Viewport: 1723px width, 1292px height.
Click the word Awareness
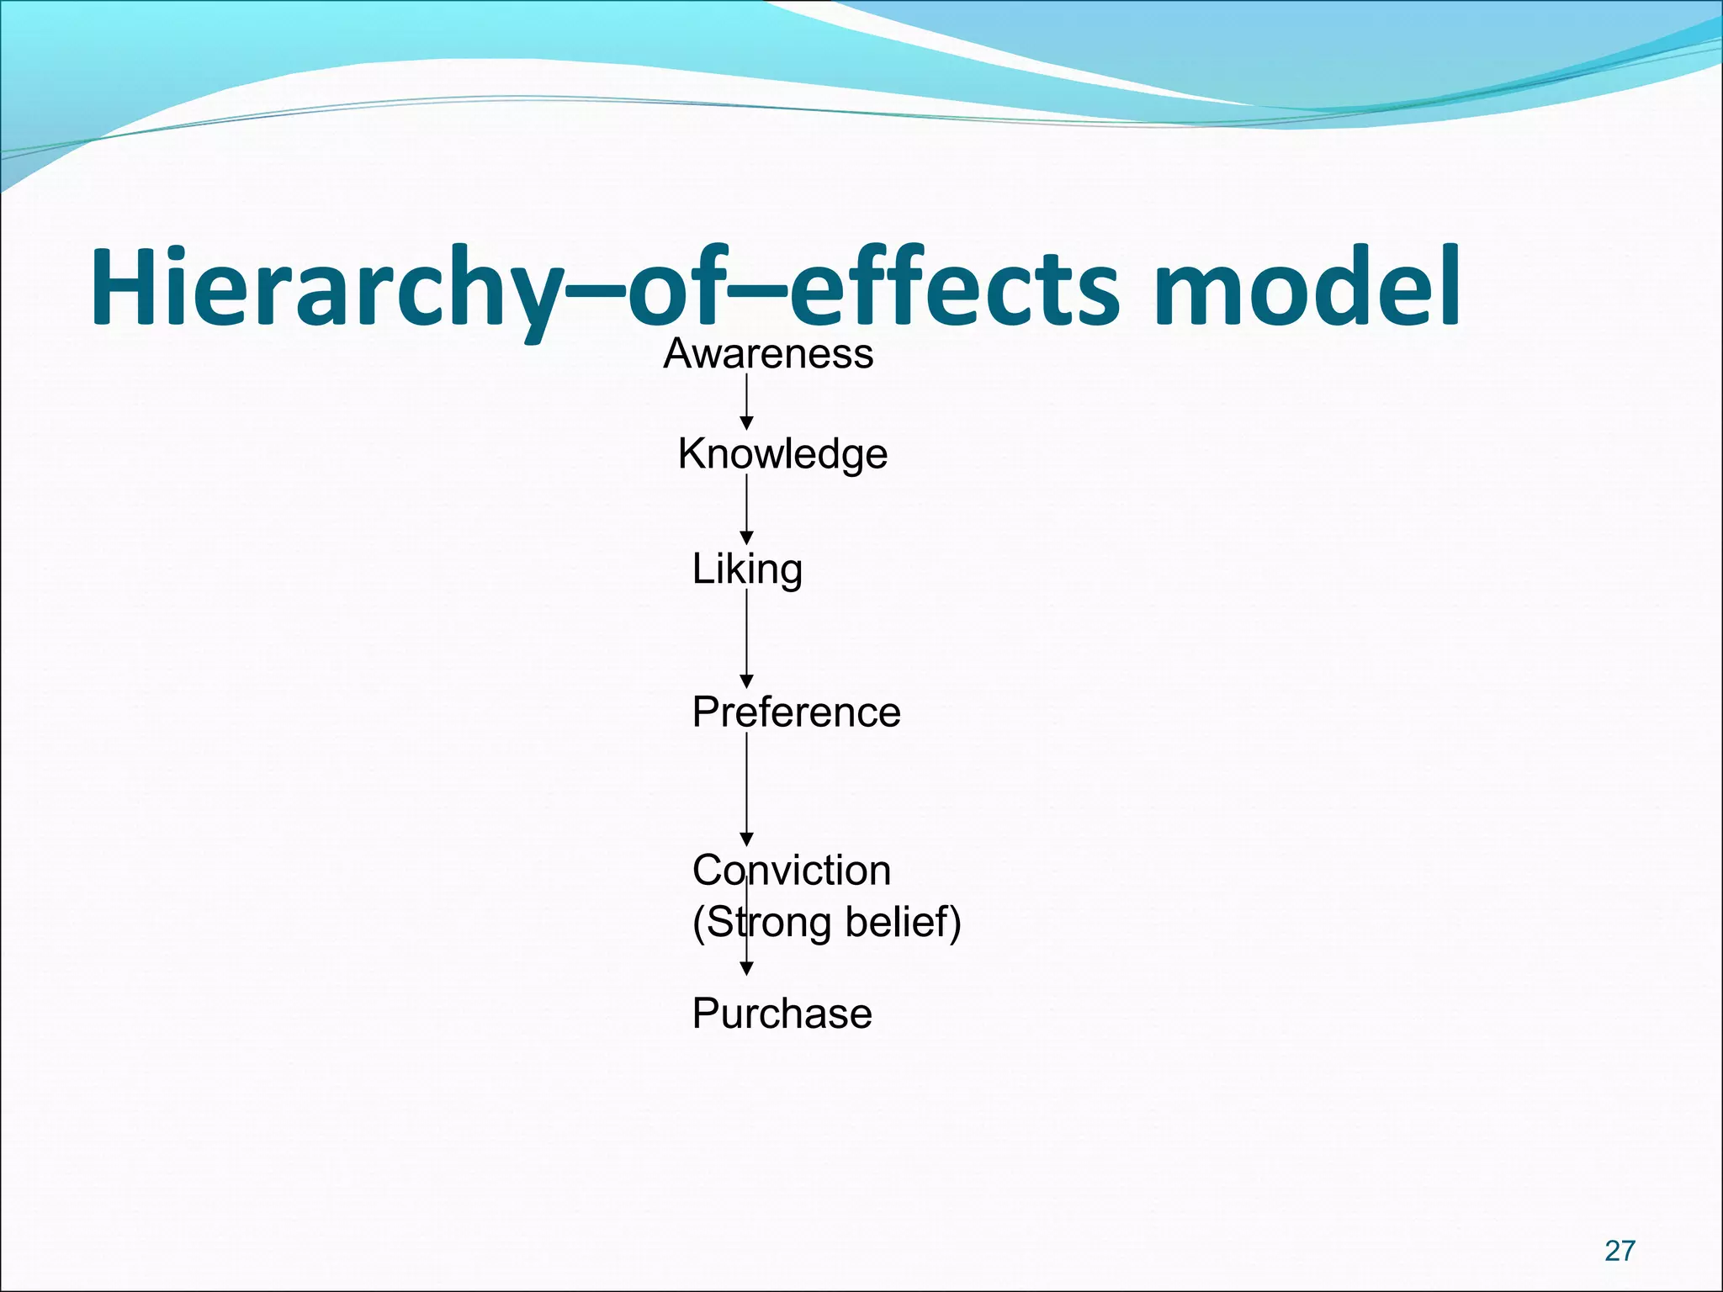click(x=768, y=354)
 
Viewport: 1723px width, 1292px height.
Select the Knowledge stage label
click(x=782, y=454)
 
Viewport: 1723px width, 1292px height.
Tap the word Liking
click(x=747, y=569)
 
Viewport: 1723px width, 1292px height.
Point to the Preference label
click(x=796, y=712)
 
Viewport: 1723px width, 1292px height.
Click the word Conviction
click(x=791, y=871)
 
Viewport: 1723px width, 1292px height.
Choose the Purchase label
click(x=782, y=1014)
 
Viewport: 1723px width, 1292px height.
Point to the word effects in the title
click(x=955, y=287)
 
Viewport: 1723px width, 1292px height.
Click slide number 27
click(x=1620, y=1251)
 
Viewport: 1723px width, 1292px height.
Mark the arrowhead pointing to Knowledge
click(x=746, y=423)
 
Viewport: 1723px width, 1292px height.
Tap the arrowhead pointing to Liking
click(x=746, y=538)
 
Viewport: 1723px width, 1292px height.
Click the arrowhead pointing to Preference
click(x=746, y=681)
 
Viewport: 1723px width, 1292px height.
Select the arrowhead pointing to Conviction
click(x=746, y=839)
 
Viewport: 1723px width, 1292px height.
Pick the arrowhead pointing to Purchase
click(x=746, y=969)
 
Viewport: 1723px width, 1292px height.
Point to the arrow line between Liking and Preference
click(x=746, y=631)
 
